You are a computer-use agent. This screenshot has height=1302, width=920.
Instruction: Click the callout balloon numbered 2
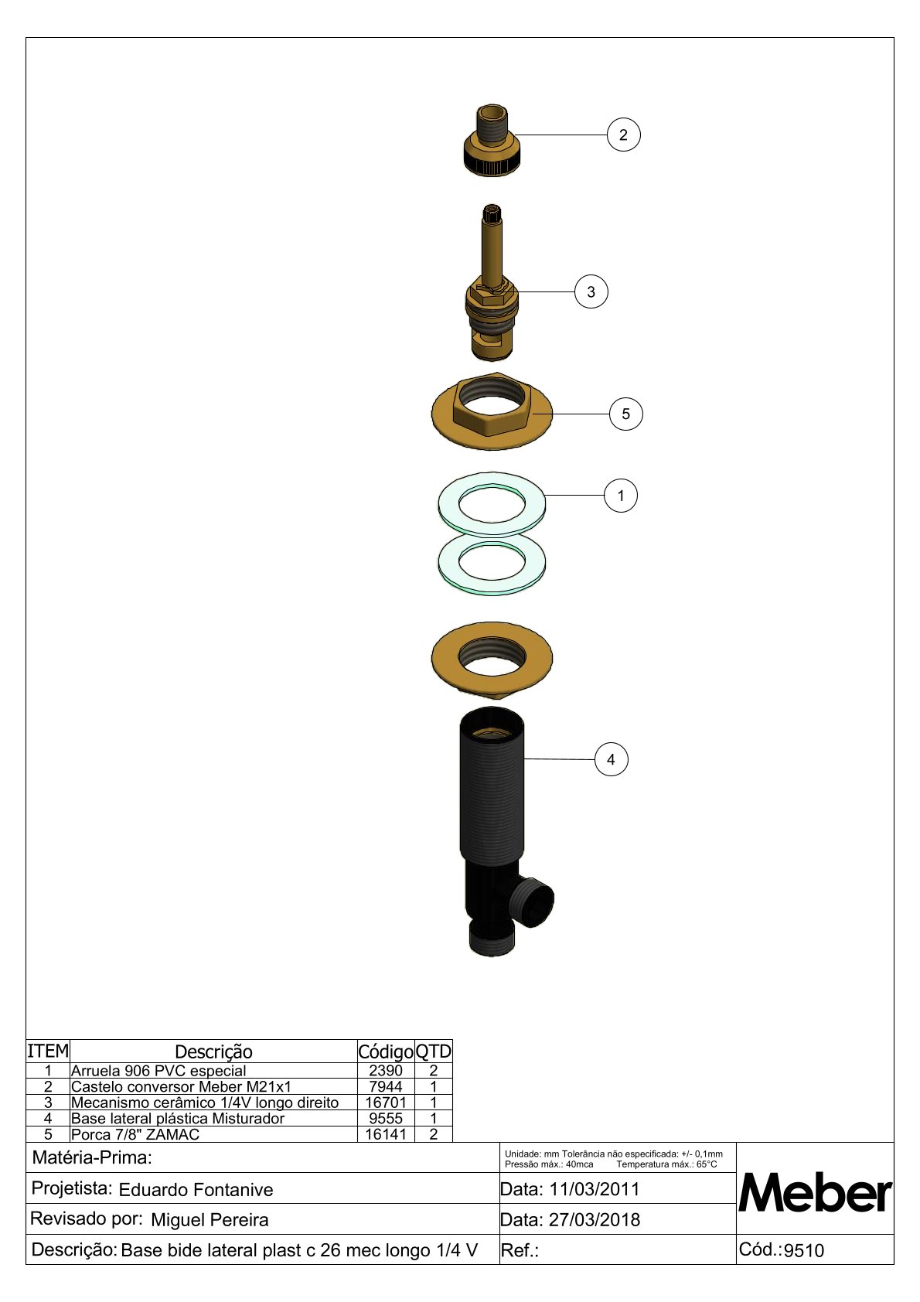click(623, 135)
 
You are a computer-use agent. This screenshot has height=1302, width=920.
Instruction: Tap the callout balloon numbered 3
click(591, 291)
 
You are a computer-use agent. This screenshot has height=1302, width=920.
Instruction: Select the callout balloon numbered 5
click(626, 414)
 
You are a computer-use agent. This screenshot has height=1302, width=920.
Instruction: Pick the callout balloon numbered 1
click(621, 496)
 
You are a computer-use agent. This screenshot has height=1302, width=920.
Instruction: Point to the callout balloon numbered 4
click(612, 759)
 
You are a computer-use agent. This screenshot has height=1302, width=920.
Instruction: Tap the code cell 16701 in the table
click(385, 1102)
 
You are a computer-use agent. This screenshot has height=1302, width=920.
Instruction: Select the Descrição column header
click(213, 1051)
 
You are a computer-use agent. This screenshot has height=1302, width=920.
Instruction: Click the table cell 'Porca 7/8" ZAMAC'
click(135, 1134)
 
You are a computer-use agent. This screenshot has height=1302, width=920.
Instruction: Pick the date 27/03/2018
click(595, 1219)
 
